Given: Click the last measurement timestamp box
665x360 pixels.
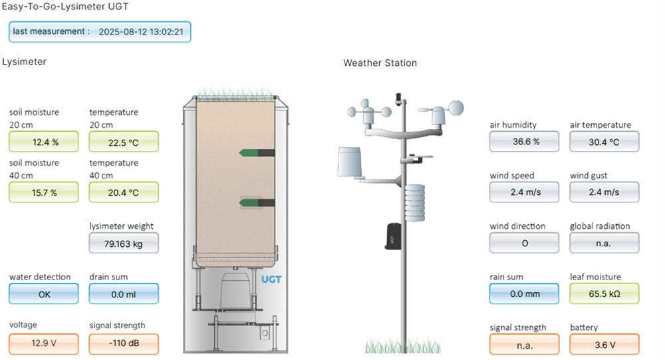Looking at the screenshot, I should [100, 31].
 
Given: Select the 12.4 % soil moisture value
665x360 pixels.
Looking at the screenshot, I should [44, 142].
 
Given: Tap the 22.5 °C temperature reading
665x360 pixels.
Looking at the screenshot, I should [124, 142].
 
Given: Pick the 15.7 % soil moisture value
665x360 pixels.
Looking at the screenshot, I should [44, 192].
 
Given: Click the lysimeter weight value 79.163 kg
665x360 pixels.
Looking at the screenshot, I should [124, 243].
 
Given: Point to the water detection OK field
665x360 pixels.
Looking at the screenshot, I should [44, 293].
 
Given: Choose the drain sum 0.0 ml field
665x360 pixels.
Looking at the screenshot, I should [124, 293].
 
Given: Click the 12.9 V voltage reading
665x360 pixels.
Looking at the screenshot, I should [44, 344].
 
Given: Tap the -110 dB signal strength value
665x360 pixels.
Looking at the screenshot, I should [124, 344].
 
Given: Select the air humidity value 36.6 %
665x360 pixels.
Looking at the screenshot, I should [524, 142].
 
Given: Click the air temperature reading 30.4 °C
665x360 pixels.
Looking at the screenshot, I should [604, 142].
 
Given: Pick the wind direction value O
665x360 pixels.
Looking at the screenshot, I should [524, 243].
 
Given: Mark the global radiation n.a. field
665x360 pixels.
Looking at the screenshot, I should [604, 243].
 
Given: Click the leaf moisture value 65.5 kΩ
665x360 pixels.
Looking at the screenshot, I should [604, 293].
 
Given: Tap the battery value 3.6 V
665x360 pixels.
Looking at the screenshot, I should [604, 344].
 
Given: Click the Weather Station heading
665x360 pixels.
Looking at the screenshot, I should [380, 63].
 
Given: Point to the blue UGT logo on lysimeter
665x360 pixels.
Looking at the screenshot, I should [271, 279].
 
